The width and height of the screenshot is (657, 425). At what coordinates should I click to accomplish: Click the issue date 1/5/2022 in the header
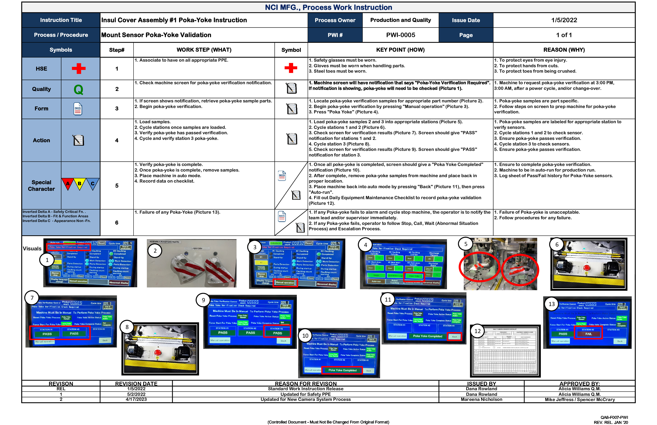pos(564,20)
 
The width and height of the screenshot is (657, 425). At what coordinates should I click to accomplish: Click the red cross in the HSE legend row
pos(79,68)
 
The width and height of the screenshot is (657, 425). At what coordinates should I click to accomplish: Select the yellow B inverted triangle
pos(79,184)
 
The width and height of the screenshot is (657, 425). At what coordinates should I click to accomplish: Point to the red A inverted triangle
pos(68,184)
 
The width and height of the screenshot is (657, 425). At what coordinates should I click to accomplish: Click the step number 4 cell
pos(117,140)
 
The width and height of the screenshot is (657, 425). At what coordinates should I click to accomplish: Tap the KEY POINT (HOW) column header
pos(400,50)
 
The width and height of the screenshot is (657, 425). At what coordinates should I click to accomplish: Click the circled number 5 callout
pos(466,244)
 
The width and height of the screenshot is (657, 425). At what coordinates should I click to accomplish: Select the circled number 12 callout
pos(477,331)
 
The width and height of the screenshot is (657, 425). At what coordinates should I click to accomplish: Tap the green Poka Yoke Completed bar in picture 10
pos(342,370)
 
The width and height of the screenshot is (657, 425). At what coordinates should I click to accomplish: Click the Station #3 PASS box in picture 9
pos(277,333)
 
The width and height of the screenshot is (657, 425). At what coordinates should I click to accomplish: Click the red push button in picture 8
pos(158,353)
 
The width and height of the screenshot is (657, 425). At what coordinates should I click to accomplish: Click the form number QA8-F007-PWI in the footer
pos(614,417)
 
